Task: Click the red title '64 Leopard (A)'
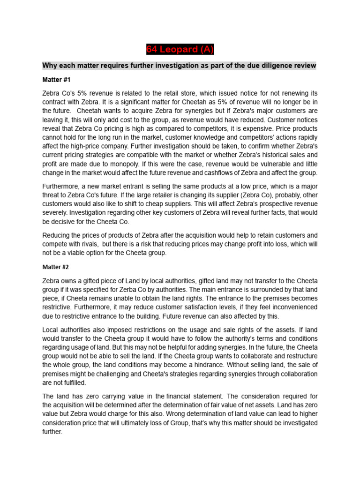[180, 50]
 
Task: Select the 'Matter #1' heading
[56, 80]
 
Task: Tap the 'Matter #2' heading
[55, 267]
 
